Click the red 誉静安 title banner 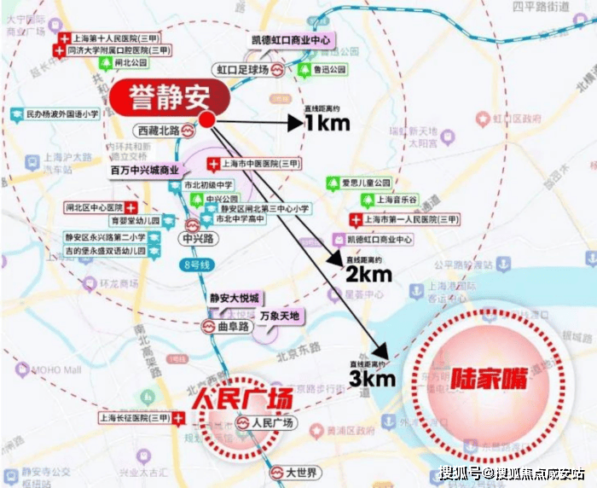[x=166, y=96]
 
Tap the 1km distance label [x=327, y=125]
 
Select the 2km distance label [x=368, y=273]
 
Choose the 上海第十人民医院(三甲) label [x=112, y=40]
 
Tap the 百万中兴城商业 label [x=150, y=170]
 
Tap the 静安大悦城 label [x=234, y=298]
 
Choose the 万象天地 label [x=282, y=316]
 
